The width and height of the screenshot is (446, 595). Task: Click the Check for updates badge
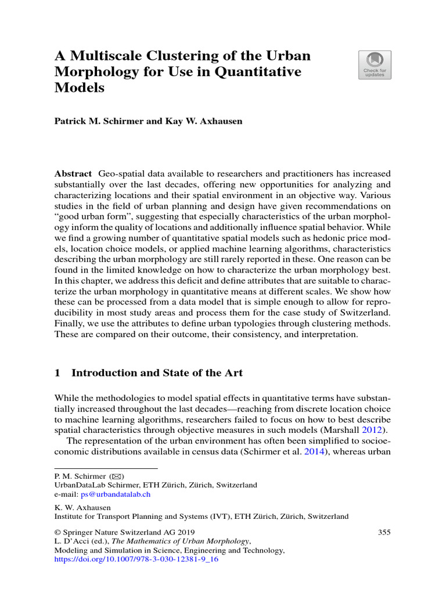[375, 64]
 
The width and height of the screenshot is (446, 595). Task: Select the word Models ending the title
[80, 88]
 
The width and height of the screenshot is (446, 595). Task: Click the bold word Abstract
[73, 174]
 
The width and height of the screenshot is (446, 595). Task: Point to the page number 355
[384, 532]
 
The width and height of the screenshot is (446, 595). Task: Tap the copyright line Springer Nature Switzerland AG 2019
[124, 532]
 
